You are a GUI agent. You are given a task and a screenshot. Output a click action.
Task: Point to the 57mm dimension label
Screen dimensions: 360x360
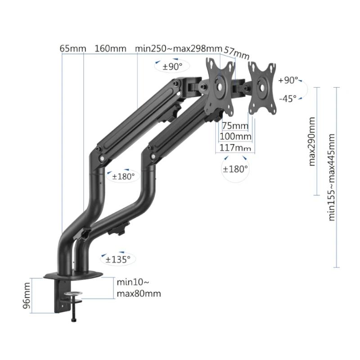[237, 52]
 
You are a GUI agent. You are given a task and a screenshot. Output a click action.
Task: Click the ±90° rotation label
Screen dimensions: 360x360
[172, 67]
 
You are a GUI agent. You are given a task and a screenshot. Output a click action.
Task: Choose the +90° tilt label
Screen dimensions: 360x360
[288, 81]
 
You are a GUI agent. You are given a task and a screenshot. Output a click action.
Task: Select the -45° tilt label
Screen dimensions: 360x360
[288, 98]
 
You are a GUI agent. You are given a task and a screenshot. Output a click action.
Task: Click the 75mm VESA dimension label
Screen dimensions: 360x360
[235, 126]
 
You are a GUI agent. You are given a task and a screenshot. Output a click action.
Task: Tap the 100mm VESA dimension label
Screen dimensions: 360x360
[235, 136]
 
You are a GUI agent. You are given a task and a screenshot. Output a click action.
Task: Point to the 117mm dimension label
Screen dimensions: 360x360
[235, 147]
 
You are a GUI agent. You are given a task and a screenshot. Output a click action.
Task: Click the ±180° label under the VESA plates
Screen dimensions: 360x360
[235, 169]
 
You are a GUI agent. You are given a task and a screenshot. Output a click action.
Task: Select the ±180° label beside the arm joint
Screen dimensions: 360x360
[123, 176]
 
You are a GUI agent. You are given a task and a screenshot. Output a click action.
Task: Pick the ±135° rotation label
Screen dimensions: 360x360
[118, 259]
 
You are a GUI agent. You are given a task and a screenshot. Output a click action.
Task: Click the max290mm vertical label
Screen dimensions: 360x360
[312, 141]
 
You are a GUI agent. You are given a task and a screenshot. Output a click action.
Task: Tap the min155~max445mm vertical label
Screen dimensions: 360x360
[332, 176]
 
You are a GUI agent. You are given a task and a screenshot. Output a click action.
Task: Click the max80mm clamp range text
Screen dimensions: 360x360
[139, 294]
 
